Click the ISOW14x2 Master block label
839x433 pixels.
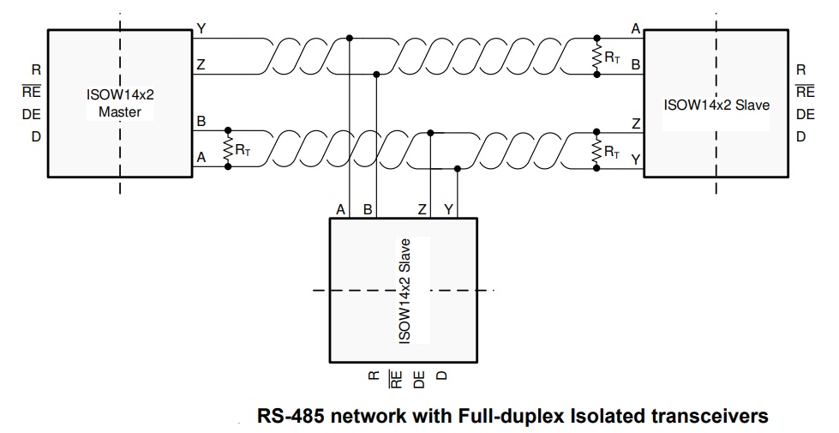[120, 103]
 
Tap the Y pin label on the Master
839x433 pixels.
[201, 28]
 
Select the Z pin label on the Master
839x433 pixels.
[201, 65]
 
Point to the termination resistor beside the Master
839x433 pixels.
[228, 148]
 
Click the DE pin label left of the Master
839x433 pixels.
[32, 115]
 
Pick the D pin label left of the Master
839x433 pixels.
[36, 137]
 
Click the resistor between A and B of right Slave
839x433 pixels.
[597, 57]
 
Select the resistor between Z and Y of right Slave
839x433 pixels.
[597, 150]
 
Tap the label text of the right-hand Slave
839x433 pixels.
[717, 105]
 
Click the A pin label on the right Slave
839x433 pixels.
[636, 29]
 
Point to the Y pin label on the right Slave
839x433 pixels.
[636, 159]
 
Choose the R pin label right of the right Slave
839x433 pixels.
[801, 70]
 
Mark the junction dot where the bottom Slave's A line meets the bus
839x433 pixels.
[350, 38]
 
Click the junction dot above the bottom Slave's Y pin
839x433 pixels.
[458, 169]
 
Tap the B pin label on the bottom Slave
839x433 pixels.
[368, 210]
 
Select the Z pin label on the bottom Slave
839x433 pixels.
[422, 210]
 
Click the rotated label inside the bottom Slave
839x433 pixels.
[405, 291]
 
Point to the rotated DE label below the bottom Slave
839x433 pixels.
[420, 380]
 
